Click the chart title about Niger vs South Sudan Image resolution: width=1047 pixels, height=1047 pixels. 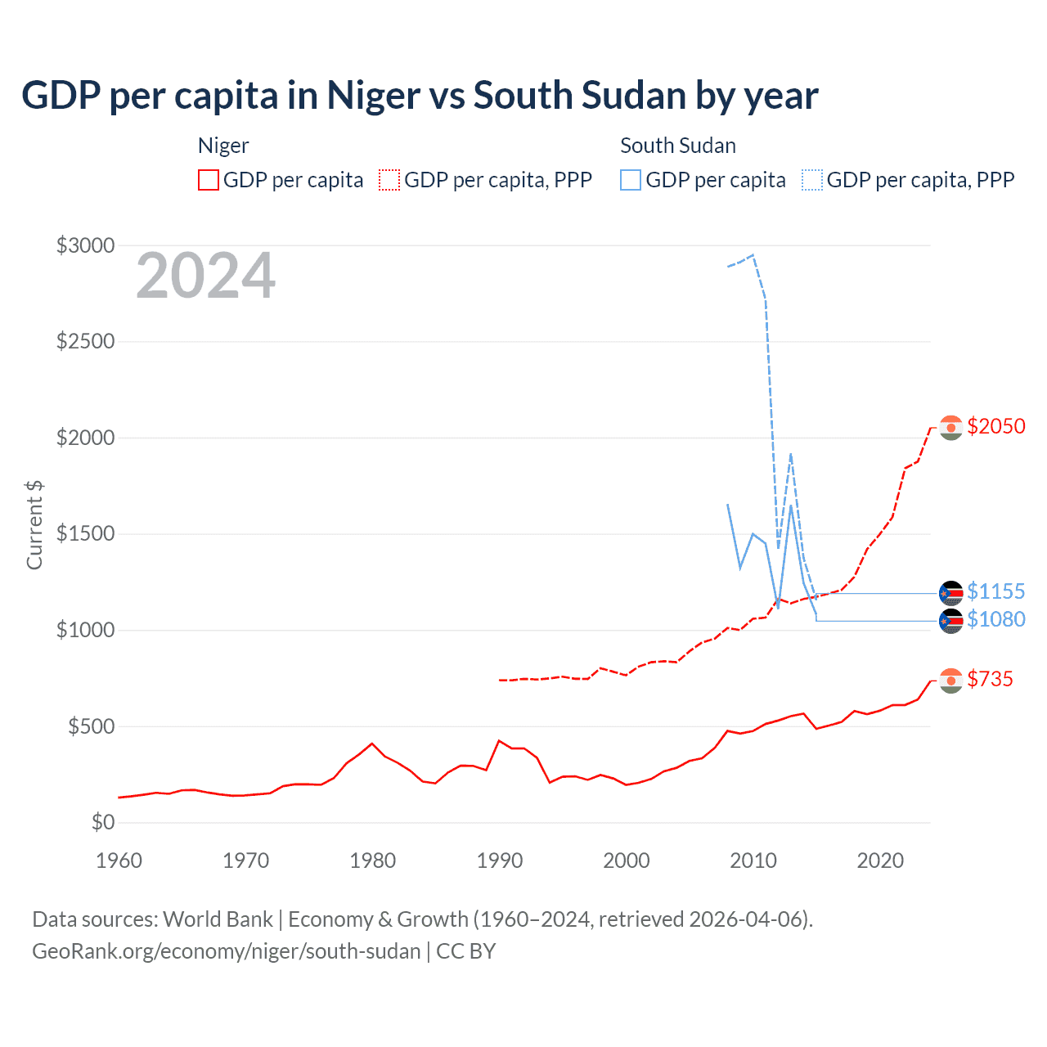[x=420, y=96]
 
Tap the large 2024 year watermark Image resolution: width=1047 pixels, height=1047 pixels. [x=205, y=276]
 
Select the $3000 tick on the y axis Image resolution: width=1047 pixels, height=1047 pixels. [x=85, y=245]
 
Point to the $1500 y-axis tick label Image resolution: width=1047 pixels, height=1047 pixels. [x=85, y=534]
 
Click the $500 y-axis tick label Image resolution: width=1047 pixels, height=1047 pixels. [x=91, y=726]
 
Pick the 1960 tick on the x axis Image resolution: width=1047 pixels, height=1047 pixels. [x=119, y=861]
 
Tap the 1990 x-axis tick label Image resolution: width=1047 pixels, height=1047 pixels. [x=500, y=861]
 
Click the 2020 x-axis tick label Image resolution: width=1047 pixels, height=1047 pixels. [x=880, y=861]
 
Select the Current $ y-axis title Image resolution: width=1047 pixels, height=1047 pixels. [x=34, y=525]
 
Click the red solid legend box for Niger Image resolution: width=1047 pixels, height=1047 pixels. [x=209, y=180]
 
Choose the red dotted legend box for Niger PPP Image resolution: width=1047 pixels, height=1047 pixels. [x=389, y=180]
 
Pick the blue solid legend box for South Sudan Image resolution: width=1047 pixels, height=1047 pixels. [x=631, y=180]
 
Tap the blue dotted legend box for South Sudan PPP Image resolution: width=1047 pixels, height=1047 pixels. [x=812, y=180]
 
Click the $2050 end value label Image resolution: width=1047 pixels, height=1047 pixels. [x=995, y=426]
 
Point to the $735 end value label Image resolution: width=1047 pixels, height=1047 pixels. [x=990, y=679]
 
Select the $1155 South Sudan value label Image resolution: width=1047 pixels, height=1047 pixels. [x=995, y=591]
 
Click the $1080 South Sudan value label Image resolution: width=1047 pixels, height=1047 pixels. [x=995, y=619]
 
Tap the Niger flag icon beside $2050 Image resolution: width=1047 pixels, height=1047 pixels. [x=950, y=428]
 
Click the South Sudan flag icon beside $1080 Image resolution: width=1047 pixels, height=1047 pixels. [x=950, y=621]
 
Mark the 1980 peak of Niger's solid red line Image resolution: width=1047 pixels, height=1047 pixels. [x=372, y=744]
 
